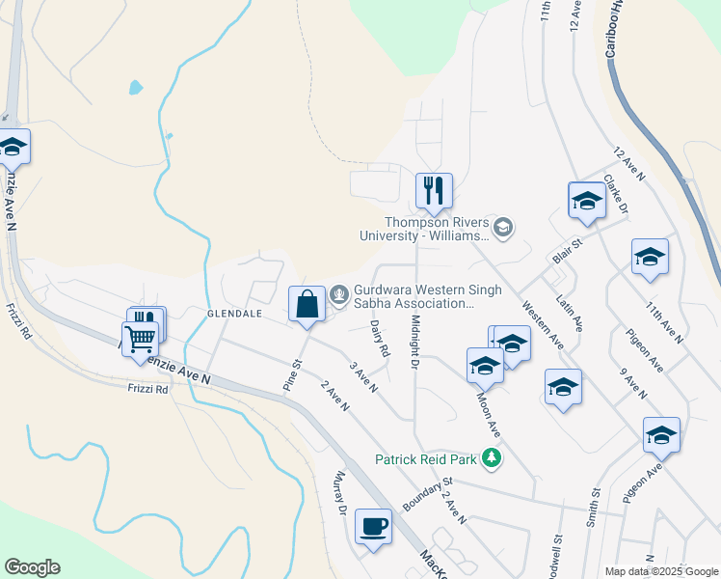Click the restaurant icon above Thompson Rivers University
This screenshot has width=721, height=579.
tap(434, 191)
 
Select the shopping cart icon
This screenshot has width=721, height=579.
tap(141, 339)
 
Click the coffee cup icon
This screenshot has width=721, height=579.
tap(373, 527)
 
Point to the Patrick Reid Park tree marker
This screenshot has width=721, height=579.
tap(492, 457)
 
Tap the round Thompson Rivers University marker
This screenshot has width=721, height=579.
tap(502, 228)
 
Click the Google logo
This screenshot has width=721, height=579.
tap(32, 567)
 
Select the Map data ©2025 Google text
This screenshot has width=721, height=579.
tap(661, 571)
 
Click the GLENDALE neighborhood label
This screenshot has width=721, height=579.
tap(234, 314)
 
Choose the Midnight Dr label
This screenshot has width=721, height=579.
tap(415, 342)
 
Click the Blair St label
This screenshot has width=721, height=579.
tap(568, 253)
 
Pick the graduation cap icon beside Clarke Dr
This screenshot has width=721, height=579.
tap(586, 200)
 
